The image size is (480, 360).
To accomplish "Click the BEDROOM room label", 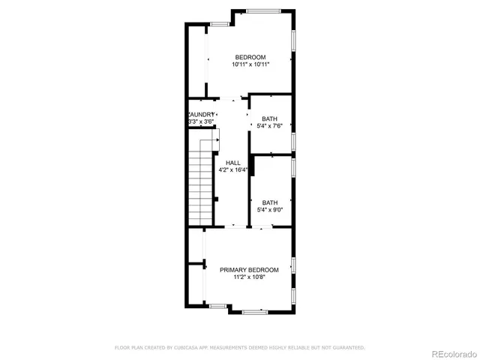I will click(250, 58).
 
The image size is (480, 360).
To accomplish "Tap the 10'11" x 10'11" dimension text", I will click(250, 65).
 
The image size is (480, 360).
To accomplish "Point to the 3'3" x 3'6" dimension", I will click(201, 121).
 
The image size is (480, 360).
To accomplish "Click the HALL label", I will click(232, 163).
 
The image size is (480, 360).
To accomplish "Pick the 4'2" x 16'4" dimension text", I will click(232, 170).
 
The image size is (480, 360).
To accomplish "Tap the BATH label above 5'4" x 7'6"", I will click(269, 119).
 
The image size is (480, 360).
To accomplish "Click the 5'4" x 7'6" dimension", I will click(269, 127).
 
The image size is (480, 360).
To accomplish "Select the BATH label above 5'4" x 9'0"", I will click(269, 202).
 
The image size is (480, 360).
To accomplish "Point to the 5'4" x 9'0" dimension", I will click(269, 210).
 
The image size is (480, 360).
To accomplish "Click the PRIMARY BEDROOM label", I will click(249, 270).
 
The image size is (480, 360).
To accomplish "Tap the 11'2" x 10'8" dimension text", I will click(249, 277).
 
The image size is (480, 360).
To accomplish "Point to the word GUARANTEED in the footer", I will click(349, 347).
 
